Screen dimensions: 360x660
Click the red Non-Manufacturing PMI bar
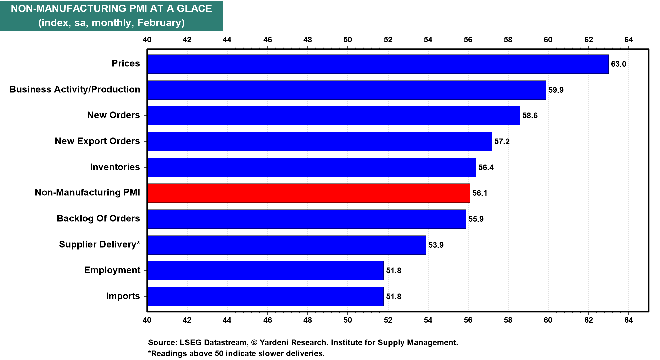pos(308,193)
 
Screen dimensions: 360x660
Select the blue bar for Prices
pos(378,64)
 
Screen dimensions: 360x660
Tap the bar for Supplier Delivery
pos(287,245)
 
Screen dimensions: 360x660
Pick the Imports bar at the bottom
pos(265,296)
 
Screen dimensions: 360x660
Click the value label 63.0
pos(618,64)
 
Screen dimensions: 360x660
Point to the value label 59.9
pos(556,90)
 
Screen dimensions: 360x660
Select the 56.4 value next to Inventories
pos(486,167)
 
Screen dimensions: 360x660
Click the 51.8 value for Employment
pos(393,270)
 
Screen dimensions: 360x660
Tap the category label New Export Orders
pos(97,141)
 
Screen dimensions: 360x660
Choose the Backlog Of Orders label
pos(98,218)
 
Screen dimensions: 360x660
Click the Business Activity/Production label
pos(75,89)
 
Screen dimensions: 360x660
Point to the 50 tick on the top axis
pos(348,40)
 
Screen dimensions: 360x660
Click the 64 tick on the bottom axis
pos(628,320)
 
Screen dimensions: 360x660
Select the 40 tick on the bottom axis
pos(147,320)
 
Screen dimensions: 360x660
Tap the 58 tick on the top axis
pos(508,40)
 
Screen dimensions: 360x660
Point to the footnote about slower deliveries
pos(236,353)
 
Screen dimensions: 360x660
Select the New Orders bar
pos(333,116)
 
